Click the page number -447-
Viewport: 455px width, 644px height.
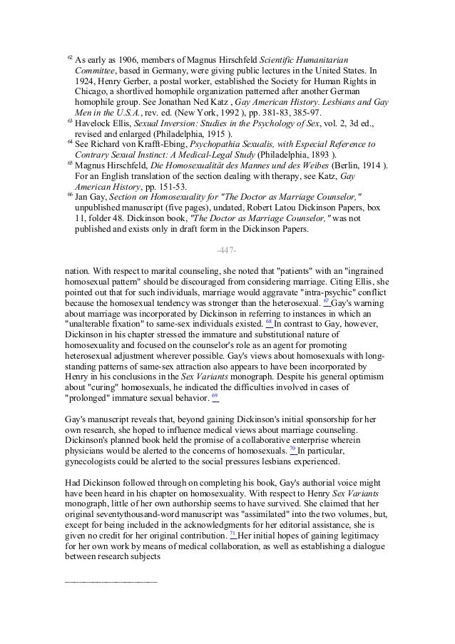226,250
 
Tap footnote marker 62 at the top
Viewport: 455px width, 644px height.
69,55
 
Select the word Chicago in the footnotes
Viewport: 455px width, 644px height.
91,92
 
